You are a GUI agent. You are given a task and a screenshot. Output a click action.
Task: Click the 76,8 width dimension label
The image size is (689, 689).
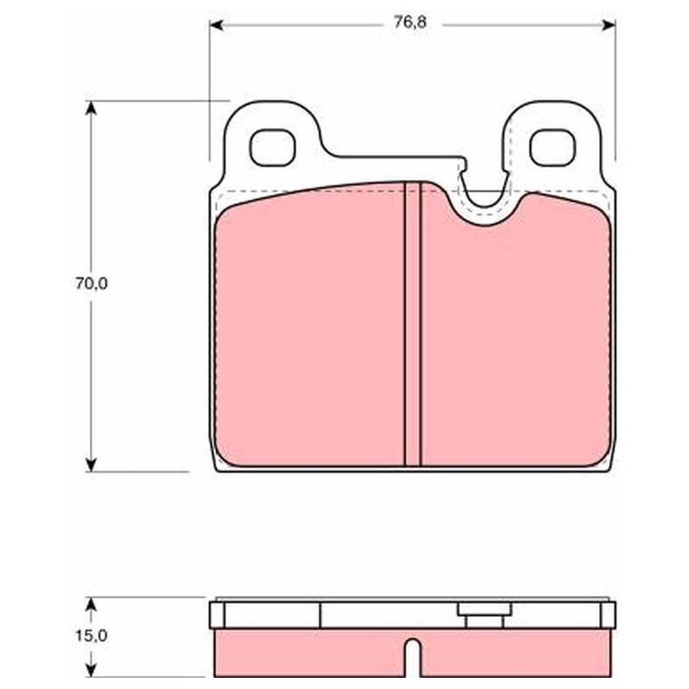tap(410, 23)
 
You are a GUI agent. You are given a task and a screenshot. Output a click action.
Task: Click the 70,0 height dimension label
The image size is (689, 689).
tap(91, 284)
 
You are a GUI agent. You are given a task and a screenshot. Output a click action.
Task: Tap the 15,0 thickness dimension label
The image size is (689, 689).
tap(91, 636)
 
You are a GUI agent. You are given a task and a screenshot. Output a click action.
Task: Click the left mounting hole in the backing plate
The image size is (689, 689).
tap(272, 147)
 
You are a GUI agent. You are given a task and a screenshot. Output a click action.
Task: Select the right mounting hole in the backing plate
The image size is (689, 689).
tap(552, 147)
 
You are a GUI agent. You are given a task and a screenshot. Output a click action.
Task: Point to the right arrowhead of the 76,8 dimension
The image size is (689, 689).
tap(608, 25)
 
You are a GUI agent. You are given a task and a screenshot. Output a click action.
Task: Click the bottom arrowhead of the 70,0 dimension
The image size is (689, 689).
tap(91, 464)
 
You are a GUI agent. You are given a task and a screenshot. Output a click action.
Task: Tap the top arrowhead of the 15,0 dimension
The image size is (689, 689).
tap(91, 605)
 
